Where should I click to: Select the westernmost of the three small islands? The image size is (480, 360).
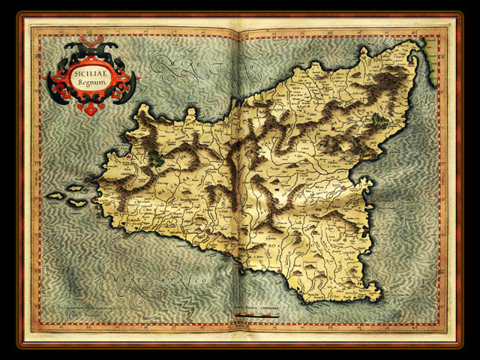coord(55,196)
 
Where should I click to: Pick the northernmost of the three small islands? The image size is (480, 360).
coord(75,187)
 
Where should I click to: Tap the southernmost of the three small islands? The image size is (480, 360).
coord(77,202)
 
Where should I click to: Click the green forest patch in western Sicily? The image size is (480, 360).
coord(157,158)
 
